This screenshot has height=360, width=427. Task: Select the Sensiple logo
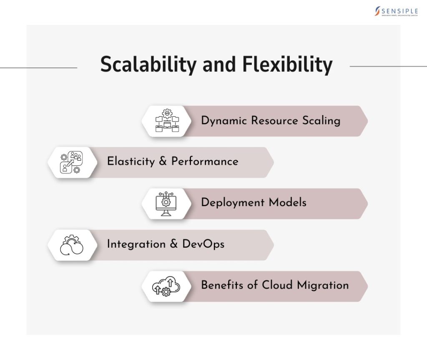(x=396, y=11)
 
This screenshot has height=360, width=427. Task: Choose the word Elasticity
(x=131, y=161)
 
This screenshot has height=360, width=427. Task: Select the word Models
(x=287, y=203)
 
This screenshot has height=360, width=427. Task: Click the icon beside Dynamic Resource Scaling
(x=167, y=121)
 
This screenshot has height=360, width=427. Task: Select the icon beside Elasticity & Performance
(x=72, y=162)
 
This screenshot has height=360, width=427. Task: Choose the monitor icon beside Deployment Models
(x=166, y=204)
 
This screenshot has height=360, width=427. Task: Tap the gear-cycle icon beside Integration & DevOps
(x=72, y=245)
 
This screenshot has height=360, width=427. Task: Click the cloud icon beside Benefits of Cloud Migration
(x=166, y=286)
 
